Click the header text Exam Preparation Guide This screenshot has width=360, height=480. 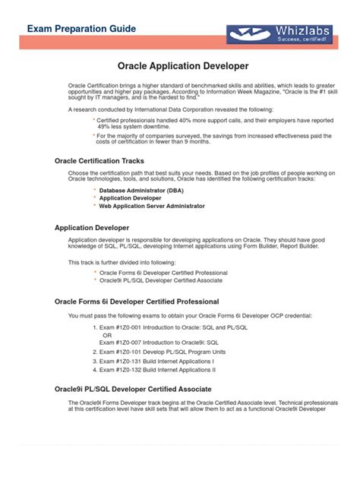pyautogui.click(x=82, y=29)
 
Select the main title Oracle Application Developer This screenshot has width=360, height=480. pyautogui.click(x=183, y=67)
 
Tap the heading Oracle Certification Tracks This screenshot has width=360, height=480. pyautogui.click(x=99, y=160)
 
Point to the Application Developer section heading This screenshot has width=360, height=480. pyautogui.click(x=92, y=227)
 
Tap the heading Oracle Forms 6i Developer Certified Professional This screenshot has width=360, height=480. pyautogui.click(x=137, y=302)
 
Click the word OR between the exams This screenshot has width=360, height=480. pyautogui.click(x=107, y=335)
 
